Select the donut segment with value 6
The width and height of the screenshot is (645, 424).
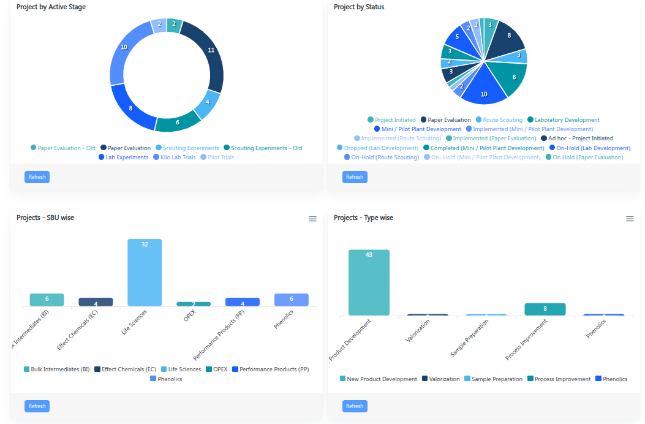coord(178,123)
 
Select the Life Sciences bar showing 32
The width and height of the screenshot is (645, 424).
coord(145,272)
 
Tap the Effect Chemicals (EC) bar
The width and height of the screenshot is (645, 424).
coord(96,302)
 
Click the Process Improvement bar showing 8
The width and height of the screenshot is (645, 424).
coord(545,309)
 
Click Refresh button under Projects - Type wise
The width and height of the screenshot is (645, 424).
coord(355,406)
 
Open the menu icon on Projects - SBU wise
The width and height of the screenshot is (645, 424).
coord(312,219)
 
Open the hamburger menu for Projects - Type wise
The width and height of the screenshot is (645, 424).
coord(630,219)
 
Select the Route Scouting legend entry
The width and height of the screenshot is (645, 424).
coord(502,120)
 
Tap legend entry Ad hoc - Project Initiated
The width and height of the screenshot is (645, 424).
coord(580,138)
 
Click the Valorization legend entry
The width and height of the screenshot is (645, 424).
coord(444,379)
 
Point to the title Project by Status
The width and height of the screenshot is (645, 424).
coord(359,7)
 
